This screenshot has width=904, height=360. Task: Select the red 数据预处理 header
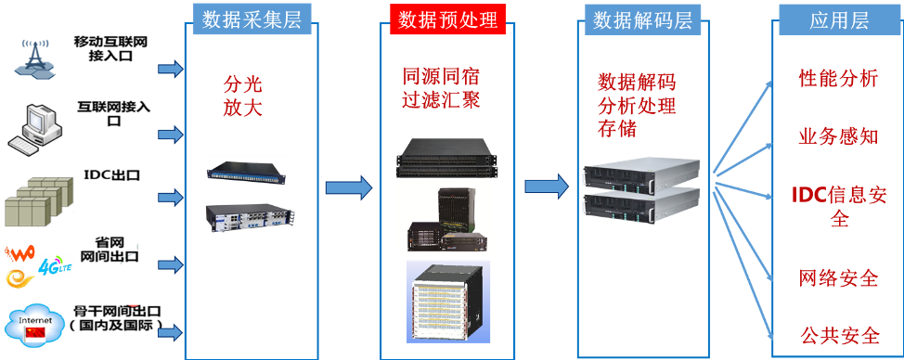pos(447,19)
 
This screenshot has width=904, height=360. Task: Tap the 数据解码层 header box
pos(643,19)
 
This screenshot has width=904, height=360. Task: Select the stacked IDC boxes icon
pos(39,201)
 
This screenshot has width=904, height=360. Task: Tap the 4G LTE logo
pos(54,267)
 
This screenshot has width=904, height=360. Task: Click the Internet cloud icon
pos(36,327)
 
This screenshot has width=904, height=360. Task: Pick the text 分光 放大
pos(243,96)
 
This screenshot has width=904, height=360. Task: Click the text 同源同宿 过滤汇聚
pos(442,88)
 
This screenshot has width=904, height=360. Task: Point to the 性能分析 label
pos(838,78)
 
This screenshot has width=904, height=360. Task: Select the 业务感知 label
pos(838,136)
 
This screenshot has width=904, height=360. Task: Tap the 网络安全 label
pos(838,277)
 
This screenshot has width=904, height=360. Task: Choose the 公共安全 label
pos(839,335)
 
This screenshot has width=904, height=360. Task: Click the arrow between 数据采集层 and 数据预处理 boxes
pos(349,187)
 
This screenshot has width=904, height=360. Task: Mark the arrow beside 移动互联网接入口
pos(171,69)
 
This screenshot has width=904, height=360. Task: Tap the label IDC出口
pos(111,175)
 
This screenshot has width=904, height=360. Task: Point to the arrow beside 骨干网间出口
pos(171,332)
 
